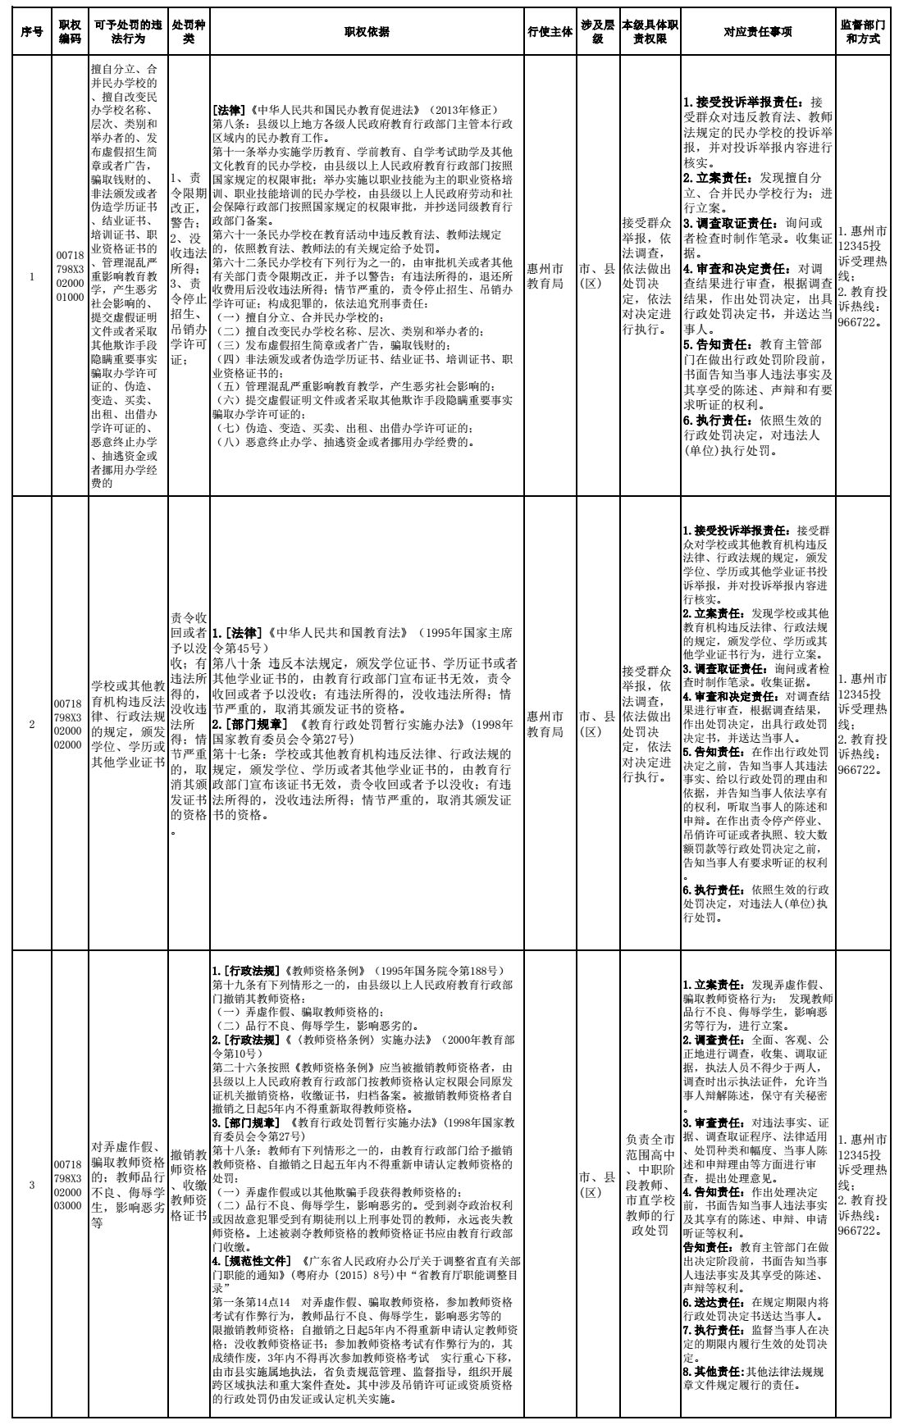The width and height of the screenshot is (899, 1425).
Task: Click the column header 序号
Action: click(32, 32)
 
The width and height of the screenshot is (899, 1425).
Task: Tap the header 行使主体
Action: click(549, 32)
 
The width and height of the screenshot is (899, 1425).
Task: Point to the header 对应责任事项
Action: click(757, 32)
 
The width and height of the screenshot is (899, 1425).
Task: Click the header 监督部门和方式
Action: click(863, 32)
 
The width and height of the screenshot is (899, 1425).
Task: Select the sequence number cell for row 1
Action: click(32, 275)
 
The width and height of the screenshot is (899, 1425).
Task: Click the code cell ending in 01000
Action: click(69, 275)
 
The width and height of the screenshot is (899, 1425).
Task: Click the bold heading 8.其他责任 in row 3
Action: click(714, 1371)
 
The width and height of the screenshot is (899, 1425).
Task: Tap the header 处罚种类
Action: click(189, 32)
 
